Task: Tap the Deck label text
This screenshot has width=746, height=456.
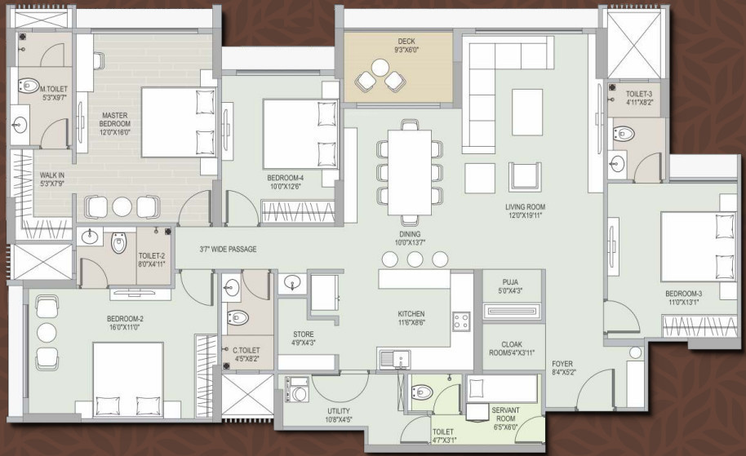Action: point(407,42)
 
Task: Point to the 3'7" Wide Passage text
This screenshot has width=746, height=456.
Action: point(228,249)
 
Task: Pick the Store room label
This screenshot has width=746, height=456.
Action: point(303,334)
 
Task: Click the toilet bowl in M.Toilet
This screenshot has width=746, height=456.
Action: point(29,84)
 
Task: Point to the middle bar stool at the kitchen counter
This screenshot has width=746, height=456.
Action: point(416,259)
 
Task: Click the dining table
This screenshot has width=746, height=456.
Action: point(409,172)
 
